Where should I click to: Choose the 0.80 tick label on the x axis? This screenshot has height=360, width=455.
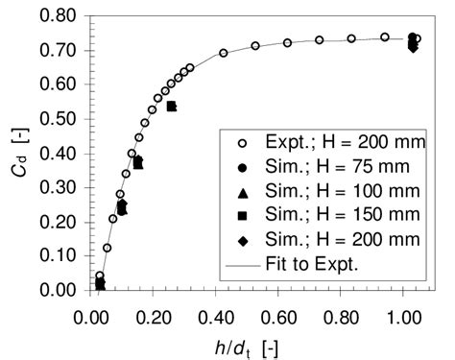342,310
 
